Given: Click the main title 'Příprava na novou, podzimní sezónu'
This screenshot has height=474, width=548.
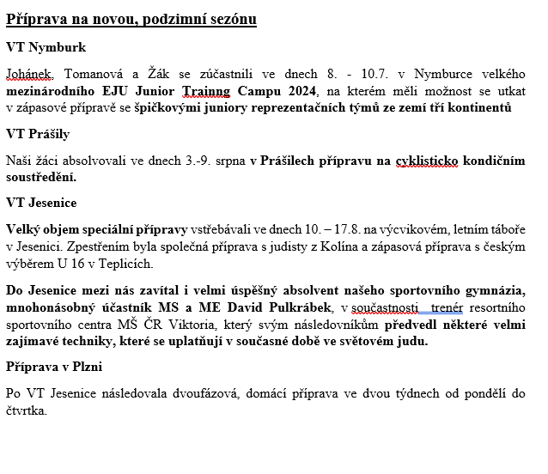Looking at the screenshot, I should (x=131, y=19).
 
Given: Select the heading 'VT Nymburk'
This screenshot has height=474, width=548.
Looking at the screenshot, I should (x=46, y=47).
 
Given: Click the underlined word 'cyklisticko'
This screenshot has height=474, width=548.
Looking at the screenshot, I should (x=427, y=161).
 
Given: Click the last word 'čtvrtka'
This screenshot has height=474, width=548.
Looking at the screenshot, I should (x=27, y=410).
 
